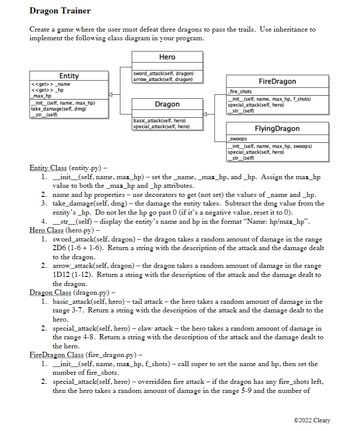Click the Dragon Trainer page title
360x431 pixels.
pos(60,10)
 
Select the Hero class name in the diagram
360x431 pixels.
pos(167,57)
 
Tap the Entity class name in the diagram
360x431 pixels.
pos(69,76)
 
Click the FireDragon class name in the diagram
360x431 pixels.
pos(277,81)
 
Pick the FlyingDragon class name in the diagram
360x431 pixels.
pos(277,129)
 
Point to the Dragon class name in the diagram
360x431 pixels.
pos(167,104)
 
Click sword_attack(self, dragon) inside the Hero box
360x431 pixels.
pos(163,74)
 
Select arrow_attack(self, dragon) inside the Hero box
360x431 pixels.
pos(163,79)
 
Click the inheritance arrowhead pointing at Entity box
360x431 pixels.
pos(111,94)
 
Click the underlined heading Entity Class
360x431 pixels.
pos(48,167)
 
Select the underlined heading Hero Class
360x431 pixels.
pos(46,230)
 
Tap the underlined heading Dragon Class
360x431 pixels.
pos(51,292)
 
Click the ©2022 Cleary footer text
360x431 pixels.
pos(312,420)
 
